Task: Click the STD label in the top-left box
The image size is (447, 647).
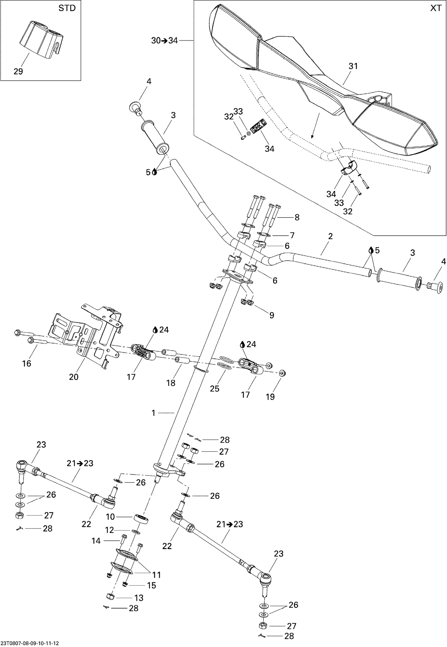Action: click(67, 8)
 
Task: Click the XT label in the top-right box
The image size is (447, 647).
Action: click(436, 8)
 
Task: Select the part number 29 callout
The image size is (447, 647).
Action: click(18, 71)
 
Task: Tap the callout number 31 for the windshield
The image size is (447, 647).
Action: click(353, 66)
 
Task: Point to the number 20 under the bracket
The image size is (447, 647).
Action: click(74, 377)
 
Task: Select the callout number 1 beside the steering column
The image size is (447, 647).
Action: click(153, 413)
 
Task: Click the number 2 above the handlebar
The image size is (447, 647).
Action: click(330, 236)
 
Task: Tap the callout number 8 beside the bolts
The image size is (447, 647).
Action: click(297, 217)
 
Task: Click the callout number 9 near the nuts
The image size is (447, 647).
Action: click(271, 315)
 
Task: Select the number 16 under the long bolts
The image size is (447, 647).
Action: click(27, 363)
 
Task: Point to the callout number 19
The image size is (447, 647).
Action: click(270, 397)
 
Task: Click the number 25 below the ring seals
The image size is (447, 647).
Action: click(215, 388)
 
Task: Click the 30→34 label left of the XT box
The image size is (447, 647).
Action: click(164, 41)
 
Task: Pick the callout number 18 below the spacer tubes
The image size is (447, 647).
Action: click(171, 383)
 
